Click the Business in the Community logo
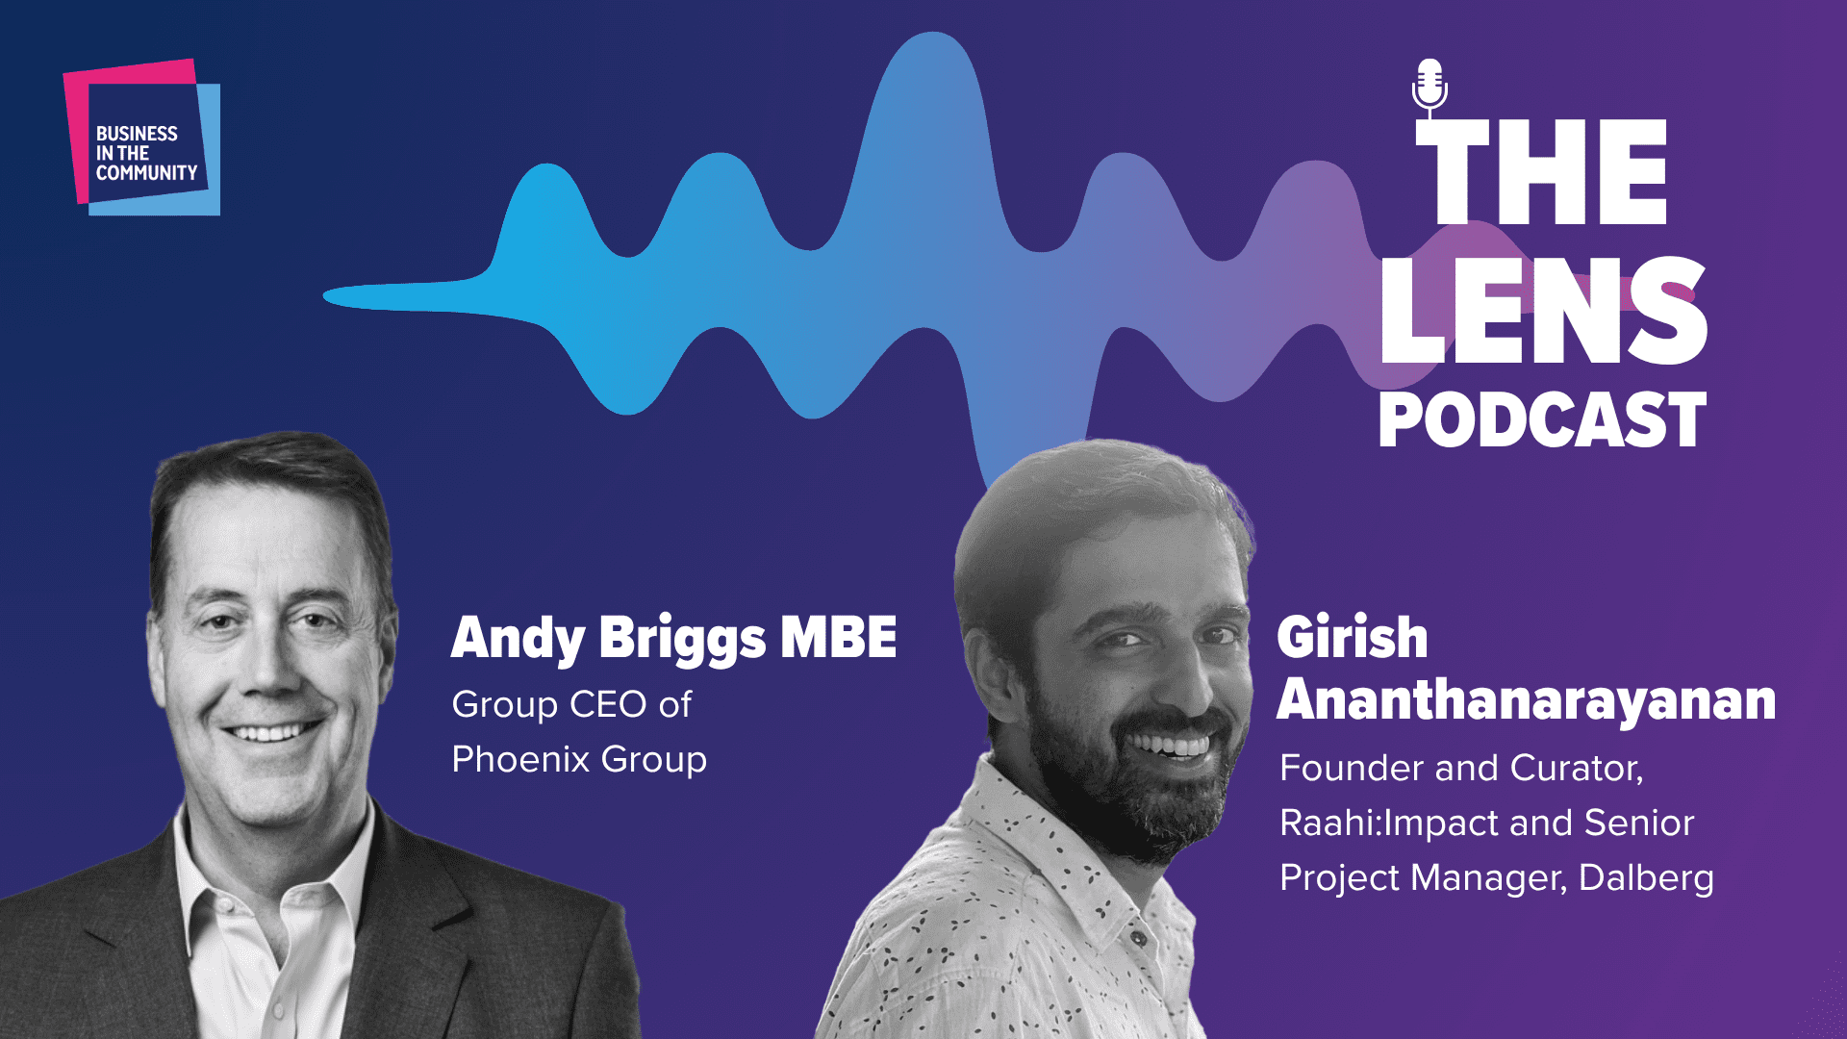click(142, 138)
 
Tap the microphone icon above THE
click(1430, 85)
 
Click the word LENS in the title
click(1543, 310)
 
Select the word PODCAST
click(1542, 420)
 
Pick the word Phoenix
click(520, 759)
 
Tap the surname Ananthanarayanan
click(1526, 699)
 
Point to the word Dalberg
click(1646, 877)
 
